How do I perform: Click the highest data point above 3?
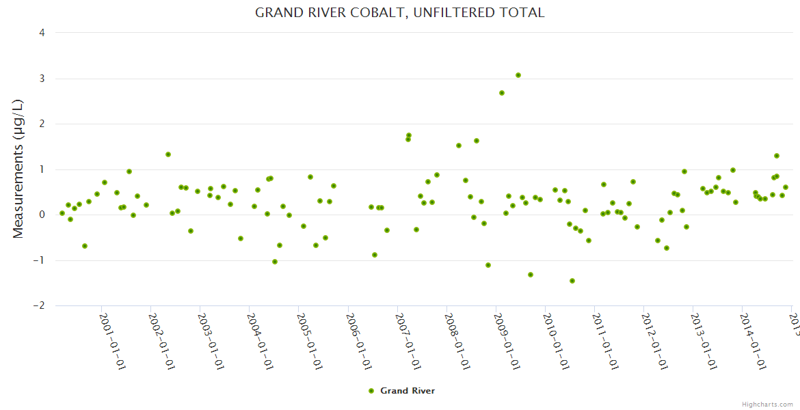click(x=518, y=75)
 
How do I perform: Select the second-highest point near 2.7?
click(x=502, y=93)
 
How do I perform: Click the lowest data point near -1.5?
click(x=572, y=281)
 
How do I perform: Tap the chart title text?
click(x=399, y=13)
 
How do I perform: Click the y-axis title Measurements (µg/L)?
click(x=18, y=169)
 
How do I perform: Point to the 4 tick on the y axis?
click(x=42, y=33)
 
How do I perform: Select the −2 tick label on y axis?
click(x=38, y=306)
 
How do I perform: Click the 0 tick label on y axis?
click(x=42, y=215)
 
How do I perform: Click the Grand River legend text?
click(x=408, y=391)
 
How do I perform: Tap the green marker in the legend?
click(x=371, y=391)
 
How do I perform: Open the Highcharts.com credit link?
click(x=768, y=404)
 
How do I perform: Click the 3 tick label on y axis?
click(x=42, y=79)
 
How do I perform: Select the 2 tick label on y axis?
click(x=42, y=124)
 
